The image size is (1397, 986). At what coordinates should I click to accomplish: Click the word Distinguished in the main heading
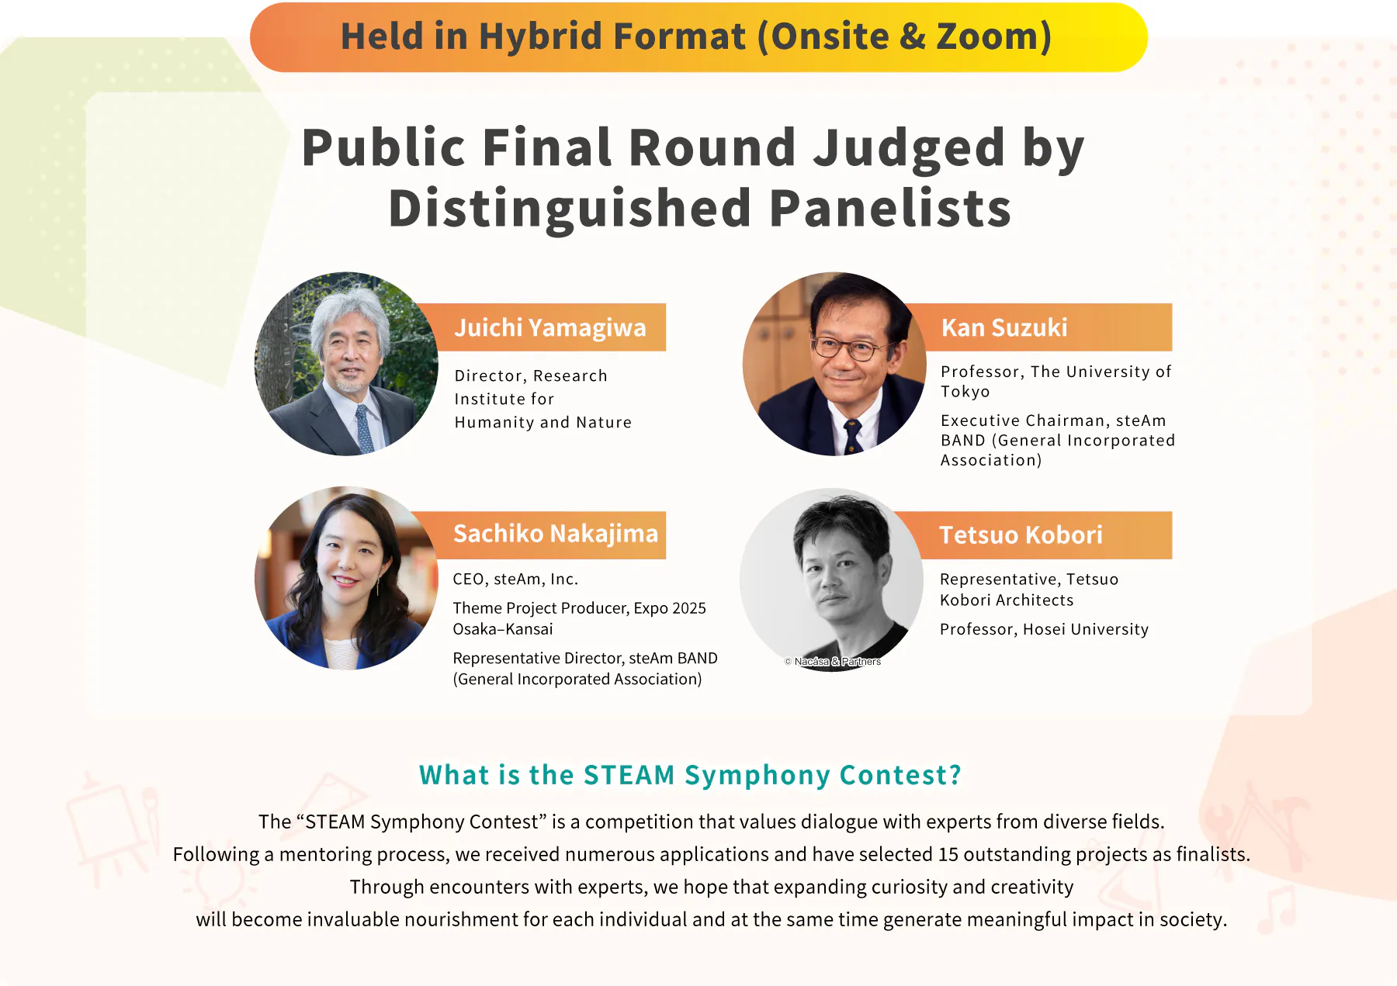[x=570, y=209]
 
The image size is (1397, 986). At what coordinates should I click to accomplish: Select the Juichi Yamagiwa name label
[x=550, y=327]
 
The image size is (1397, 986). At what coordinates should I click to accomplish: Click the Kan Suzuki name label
[x=1004, y=327]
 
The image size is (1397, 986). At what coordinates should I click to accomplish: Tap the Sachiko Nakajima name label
[x=556, y=534]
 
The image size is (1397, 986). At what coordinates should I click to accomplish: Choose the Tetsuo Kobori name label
[x=1021, y=535]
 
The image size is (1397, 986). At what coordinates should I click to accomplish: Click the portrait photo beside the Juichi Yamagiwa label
[x=346, y=364]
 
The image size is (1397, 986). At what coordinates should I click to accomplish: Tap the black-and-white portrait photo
[x=832, y=579]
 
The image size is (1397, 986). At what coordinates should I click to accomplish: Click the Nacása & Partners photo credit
[x=833, y=662]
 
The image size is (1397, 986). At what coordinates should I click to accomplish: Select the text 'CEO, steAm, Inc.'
[x=515, y=579]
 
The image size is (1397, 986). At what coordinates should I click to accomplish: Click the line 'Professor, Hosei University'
[x=1044, y=629]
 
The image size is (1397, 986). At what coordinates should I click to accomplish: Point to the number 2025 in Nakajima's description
[x=688, y=608]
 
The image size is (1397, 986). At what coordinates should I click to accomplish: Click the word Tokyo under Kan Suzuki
[x=965, y=392]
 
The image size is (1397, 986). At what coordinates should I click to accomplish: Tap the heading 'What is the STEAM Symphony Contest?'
[x=690, y=775]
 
